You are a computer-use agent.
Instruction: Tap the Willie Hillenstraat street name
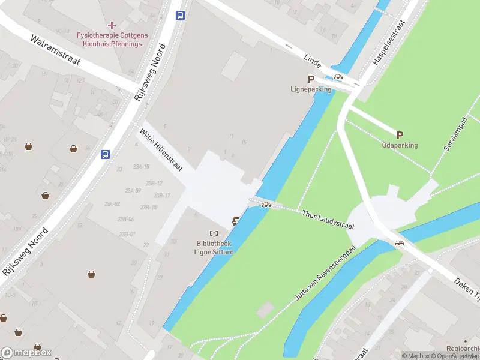pos(161,149)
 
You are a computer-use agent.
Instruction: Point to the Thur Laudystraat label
pos(328,220)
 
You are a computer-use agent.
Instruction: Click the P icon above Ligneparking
pos(311,79)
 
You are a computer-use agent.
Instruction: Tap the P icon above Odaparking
pos(400,135)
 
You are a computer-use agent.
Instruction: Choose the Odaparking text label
pos(400,145)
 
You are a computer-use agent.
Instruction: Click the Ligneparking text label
pos(311,89)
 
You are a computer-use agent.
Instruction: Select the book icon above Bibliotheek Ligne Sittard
pos(214,233)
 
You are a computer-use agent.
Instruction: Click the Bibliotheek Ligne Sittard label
pos(215,248)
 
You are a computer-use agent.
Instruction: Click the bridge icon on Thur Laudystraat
pos(265,205)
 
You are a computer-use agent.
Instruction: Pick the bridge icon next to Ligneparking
pos(338,76)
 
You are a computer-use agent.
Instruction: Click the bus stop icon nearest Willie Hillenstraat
pos(105,154)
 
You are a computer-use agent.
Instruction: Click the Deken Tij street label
pos(466,285)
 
